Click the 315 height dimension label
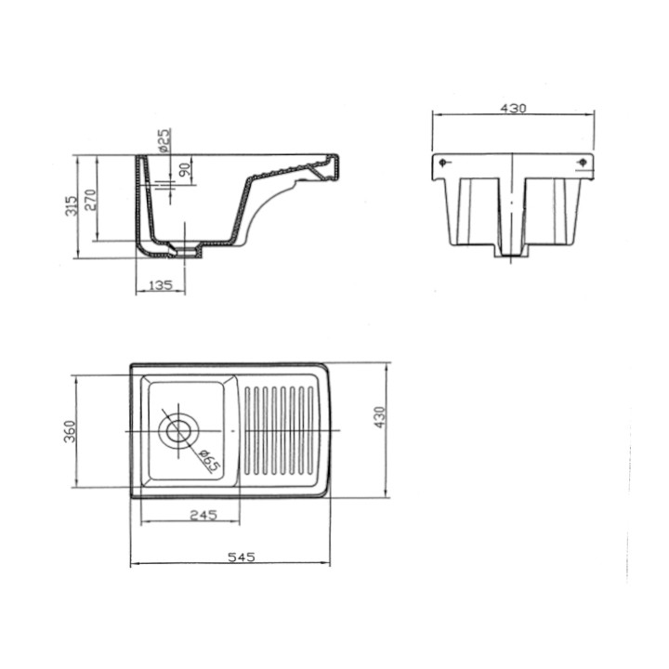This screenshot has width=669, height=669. [x=72, y=205]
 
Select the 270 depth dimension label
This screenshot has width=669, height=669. [x=90, y=199]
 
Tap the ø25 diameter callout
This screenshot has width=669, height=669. [x=164, y=140]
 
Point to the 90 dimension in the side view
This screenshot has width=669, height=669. [x=185, y=170]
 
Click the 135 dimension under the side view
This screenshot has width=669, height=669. [x=161, y=285]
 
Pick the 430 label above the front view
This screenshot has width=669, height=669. [x=513, y=109]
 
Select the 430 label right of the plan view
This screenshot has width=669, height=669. [x=379, y=417]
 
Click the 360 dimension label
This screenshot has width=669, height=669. [x=70, y=431]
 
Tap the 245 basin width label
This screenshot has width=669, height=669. [x=203, y=515]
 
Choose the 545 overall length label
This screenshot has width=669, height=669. [x=242, y=557]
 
